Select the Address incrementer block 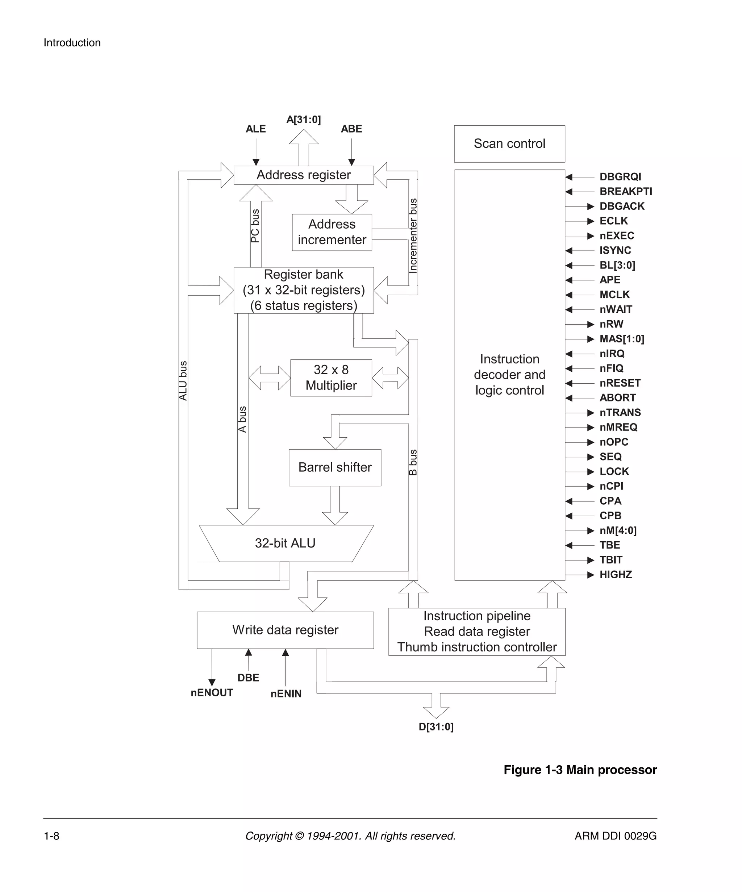[x=332, y=232]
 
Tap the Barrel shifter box [x=335, y=467]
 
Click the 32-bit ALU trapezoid [x=285, y=543]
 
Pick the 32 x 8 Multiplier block [x=331, y=378]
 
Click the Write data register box [x=285, y=630]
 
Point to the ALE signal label [x=255, y=129]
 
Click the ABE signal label [x=351, y=129]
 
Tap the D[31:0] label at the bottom [x=436, y=727]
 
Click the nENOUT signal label [x=212, y=693]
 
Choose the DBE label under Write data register [x=248, y=678]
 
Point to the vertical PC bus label [x=255, y=226]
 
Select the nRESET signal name [x=620, y=383]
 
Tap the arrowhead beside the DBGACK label [x=590, y=207]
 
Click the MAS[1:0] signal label [x=621, y=339]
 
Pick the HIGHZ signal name [x=616, y=575]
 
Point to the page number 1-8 [x=51, y=836]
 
